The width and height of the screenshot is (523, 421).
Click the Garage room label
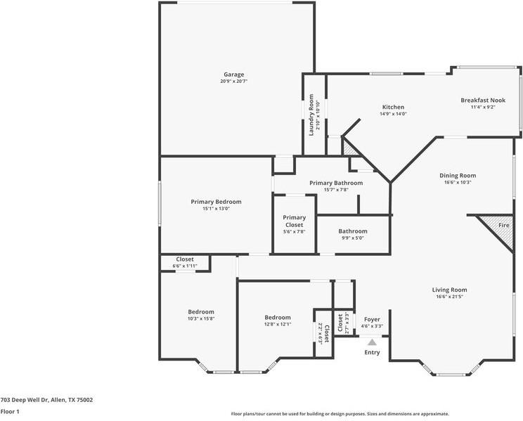coord(234,75)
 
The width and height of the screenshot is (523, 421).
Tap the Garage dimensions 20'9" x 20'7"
coord(234,81)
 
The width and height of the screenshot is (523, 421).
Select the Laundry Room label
coord(311,115)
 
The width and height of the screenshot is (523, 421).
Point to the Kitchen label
coord(393,107)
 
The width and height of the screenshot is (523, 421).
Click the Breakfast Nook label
coord(483,100)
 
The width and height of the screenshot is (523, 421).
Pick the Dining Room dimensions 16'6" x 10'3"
coord(458,183)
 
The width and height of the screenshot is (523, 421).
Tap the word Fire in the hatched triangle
coord(503,225)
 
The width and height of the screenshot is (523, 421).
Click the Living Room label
coord(449,290)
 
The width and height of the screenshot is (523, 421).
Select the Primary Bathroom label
coord(336,183)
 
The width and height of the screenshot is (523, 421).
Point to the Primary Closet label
coord(294,221)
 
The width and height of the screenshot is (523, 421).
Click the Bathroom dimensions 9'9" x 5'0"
coord(353,238)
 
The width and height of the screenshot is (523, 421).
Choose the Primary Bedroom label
coord(216,202)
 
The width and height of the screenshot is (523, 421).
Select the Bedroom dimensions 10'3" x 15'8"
coord(201,318)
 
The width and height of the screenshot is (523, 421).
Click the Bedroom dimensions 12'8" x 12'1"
coord(278,324)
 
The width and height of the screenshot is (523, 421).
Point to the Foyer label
coord(372,319)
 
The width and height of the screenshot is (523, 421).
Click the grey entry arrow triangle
coord(372,342)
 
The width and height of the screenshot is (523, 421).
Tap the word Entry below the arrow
coord(372,352)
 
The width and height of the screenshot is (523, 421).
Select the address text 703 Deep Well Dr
coord(25,400)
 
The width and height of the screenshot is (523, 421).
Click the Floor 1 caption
coord(10,411)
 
